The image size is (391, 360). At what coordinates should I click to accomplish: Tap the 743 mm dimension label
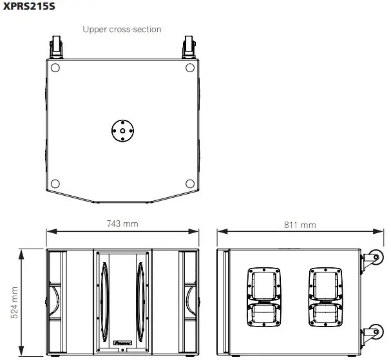122,223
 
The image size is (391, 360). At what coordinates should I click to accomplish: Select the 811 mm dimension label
300,225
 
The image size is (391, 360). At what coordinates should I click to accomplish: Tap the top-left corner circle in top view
55,68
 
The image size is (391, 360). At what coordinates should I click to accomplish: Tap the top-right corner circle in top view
189,68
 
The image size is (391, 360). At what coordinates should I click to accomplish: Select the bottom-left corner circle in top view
55,182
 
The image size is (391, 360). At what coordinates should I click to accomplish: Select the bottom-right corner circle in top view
189,182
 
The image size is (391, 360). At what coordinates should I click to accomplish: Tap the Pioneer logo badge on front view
122,345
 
